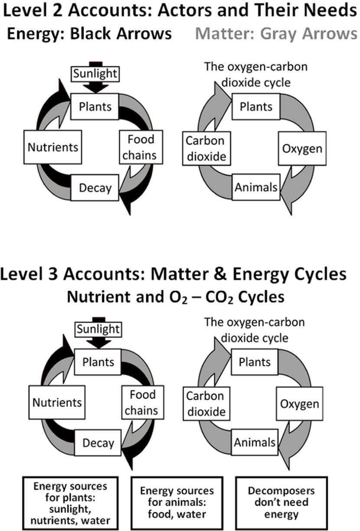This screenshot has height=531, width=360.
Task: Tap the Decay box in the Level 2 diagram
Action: pos(95,188)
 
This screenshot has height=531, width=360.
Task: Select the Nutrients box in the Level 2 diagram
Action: pos(53,147)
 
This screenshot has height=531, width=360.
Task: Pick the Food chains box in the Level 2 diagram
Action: pos(141,147)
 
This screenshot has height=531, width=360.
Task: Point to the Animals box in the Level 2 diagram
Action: pos(256,187)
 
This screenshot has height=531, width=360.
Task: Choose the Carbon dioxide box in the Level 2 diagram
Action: pos(206,148)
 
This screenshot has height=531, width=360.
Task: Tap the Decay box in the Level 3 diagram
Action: pos(98,443)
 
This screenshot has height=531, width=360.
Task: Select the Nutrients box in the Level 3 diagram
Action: pos(57,402)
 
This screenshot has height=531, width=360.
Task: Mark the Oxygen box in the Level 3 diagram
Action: pos(299,404)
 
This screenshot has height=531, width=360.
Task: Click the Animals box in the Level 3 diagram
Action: pos(255,442)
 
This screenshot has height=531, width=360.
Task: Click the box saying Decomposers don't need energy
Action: pos(281,503)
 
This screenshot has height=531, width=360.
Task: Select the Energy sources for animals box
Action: pos(177,503)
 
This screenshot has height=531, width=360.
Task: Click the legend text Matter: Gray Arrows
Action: pos(276,33)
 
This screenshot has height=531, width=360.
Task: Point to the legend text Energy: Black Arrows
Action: pos(89,33)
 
